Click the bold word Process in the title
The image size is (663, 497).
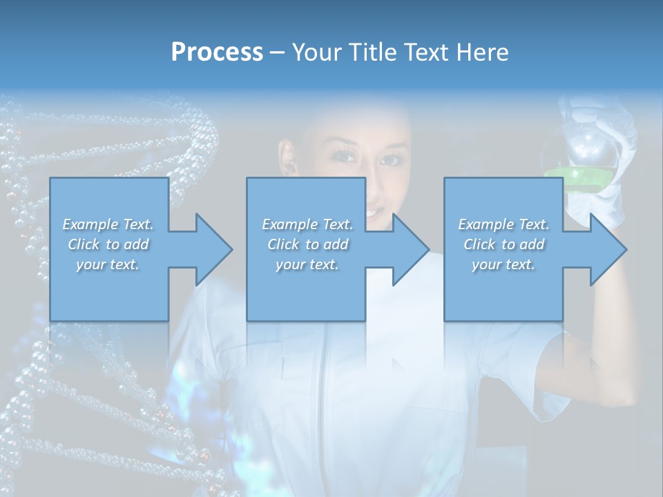pyautogui.click(x=217, y=52)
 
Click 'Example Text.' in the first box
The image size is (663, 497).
pyautogui.click(x=108, y=224)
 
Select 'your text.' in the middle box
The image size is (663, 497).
pyautogui.click(x=307, y=264)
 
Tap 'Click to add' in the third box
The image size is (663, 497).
pyautogui.click(x=503, y=244)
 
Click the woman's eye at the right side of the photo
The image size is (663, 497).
pyautogui.click(x=391, y=159)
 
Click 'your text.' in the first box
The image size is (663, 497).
pyautogui.click(x=108, y=264)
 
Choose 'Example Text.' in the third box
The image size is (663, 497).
pyautogui.click(x=503, y=224)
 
